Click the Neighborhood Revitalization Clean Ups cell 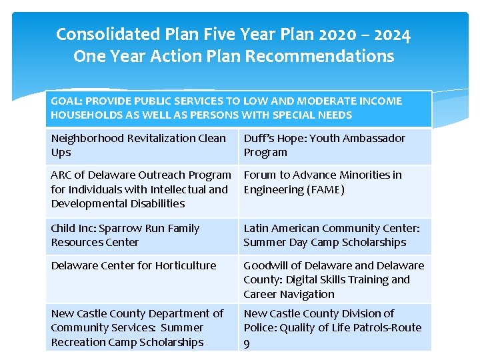coord(141,145)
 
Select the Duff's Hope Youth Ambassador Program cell coord(335,145)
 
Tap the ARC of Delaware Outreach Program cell coord(141,189)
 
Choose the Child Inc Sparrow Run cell coord(141,235)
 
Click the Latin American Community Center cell coord(335,235)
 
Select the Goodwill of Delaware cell coord(335,279)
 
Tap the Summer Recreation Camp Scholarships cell coord(141,327)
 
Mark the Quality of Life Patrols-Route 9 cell coord(335,327)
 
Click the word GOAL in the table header coord(67,101)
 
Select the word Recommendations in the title coord(319,57)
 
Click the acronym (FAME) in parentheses coord(325,189)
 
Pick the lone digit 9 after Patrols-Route coord(247,343)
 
